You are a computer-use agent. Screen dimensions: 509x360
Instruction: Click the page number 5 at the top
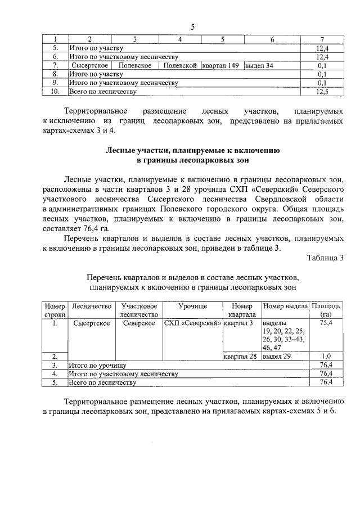tap(192, 26)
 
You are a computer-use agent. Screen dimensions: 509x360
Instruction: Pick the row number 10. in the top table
tap(55, 91)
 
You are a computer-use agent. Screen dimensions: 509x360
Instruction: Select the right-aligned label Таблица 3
tap(325, 258)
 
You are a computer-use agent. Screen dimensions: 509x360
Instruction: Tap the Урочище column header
tap(193, 306)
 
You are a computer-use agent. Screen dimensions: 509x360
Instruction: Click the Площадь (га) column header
tap(325, 310)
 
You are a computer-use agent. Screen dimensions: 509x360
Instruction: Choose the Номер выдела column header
tap(285, 306)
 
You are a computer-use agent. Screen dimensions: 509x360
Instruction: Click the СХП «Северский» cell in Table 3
tap(192, 323)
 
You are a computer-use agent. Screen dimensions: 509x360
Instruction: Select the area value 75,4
tap(325, 323)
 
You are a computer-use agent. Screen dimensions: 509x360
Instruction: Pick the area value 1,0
tap(325, 357)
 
